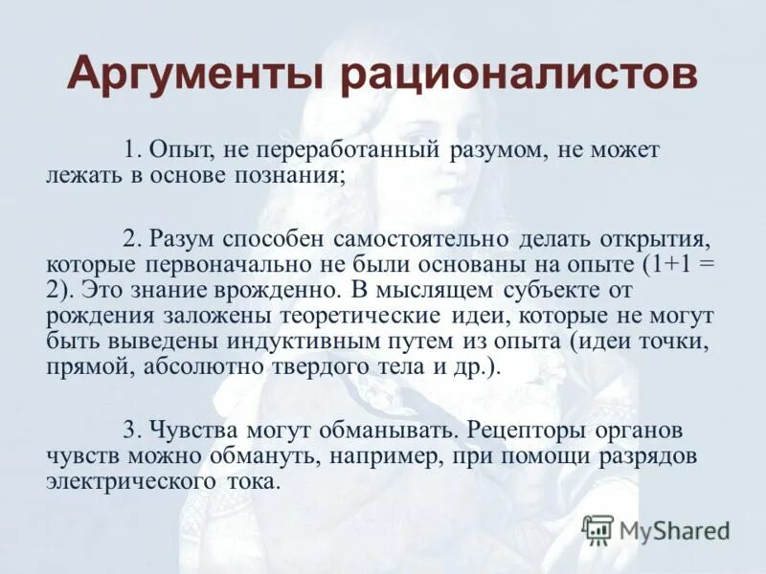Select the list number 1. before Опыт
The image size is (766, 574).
pyautogui.click(x=133, y=151)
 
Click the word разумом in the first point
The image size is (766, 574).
pyautogui.click(x=495, y=151)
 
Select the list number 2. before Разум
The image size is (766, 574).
pyautogui.click(x=133, y=236)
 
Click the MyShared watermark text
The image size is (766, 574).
pyautogui.click(x=674, y=530)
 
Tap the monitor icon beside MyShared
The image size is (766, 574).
pyautogui.click(x=597, y=529)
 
